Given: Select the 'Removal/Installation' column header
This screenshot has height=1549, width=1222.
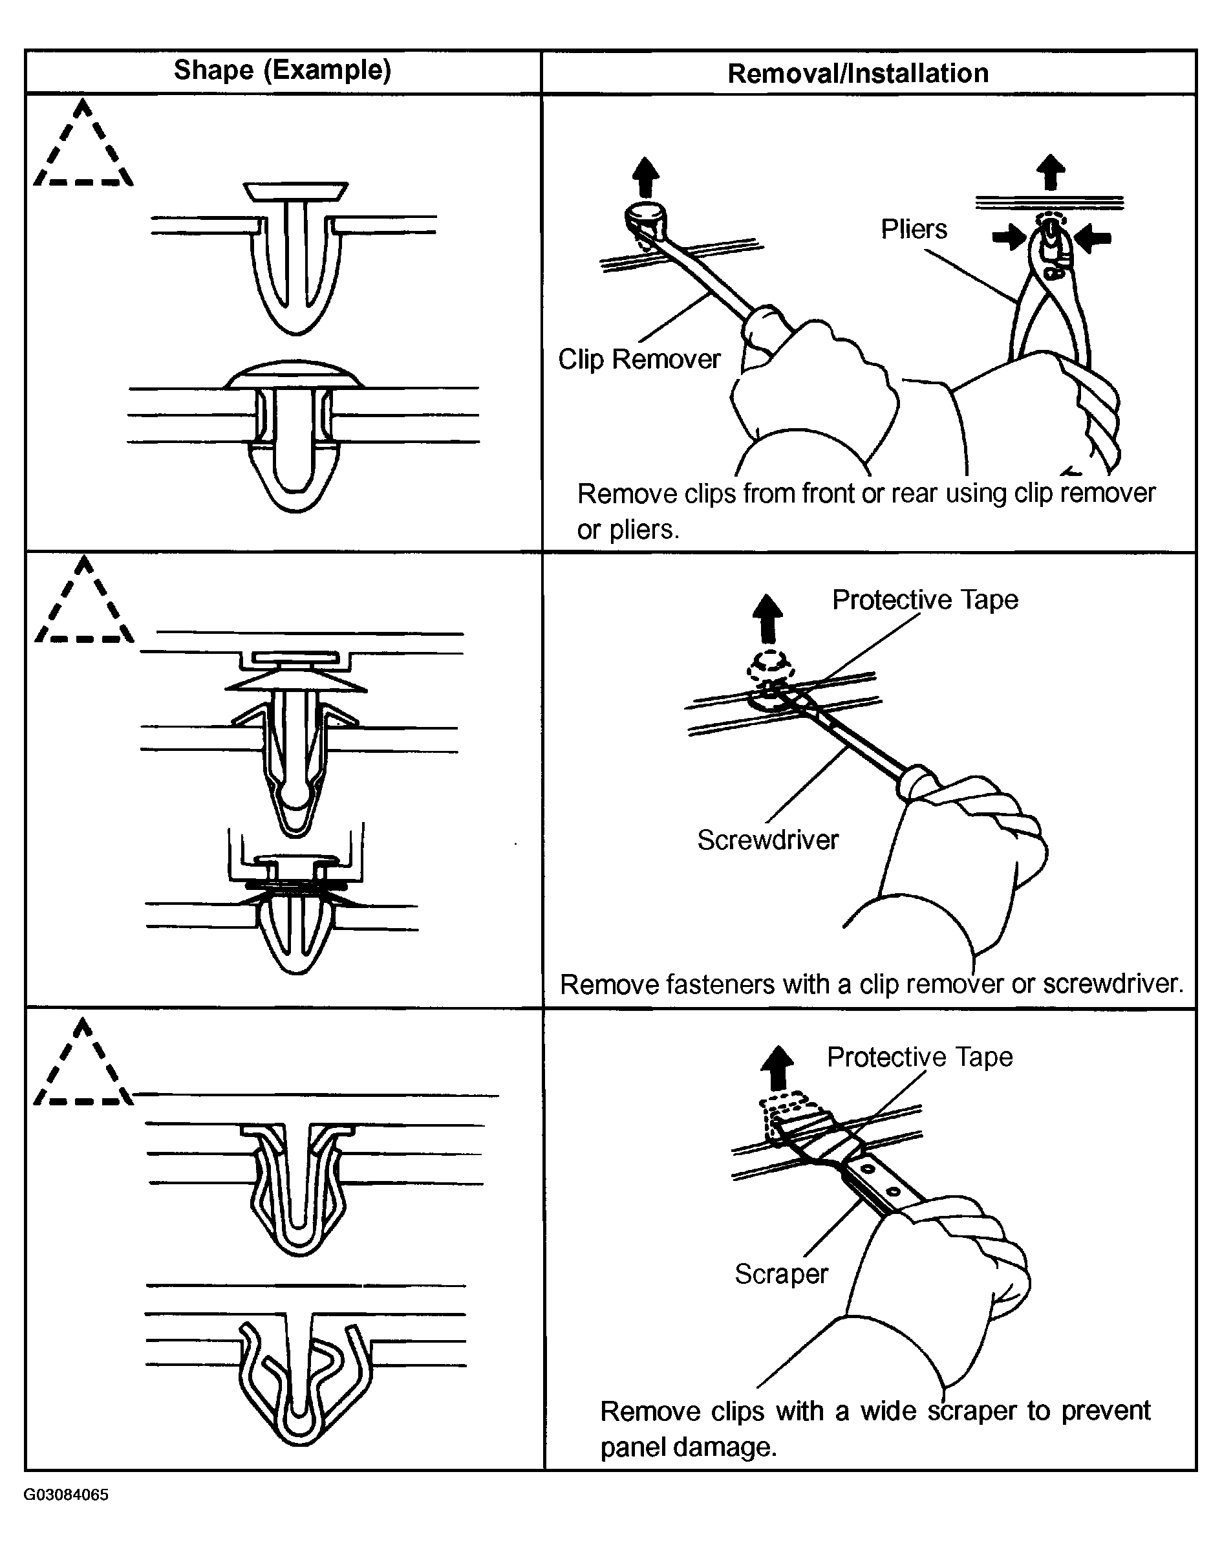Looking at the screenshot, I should (858, 74).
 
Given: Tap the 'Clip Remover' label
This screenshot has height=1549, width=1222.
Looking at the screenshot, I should (639, 359).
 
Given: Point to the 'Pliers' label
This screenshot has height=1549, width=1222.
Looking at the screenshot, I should (914, 230).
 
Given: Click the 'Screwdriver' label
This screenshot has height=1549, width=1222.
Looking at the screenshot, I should (767, 840).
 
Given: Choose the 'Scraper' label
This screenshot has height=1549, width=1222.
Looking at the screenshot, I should (781, 1274).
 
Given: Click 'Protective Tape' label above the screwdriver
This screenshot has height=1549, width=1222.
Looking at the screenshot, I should (925, 600).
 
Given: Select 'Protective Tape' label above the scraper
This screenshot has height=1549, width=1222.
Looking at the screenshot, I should (919, 1057).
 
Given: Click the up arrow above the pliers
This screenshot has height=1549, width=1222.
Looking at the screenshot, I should (1050, 173).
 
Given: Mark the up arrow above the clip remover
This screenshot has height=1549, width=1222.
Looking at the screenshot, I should (646, 177).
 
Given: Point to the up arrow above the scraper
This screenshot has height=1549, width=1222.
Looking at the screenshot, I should (778, 1068).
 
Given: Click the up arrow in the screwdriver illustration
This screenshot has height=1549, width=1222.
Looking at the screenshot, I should (768, 619).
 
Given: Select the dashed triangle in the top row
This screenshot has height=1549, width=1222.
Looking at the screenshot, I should (83, 147).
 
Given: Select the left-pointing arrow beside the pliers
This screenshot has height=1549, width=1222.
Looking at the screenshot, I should (1093, 238).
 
